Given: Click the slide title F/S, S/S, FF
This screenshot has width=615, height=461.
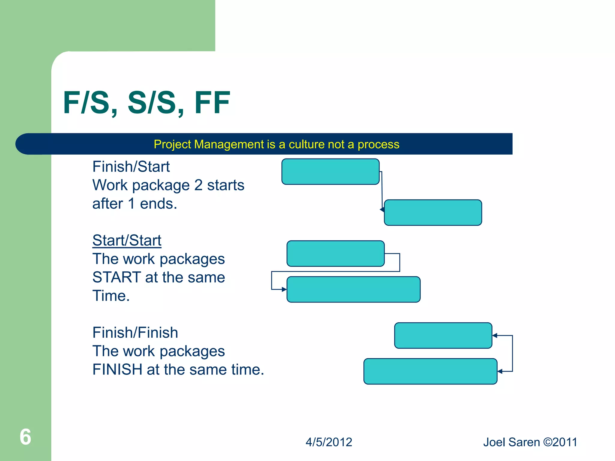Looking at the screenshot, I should click(x=147, y=103).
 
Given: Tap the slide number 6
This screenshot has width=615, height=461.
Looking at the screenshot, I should click(x=26, y=437).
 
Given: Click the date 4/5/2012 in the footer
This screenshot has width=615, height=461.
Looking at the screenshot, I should click(x=329, y=442).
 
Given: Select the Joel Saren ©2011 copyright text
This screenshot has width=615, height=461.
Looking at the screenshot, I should click(x=530, y=442).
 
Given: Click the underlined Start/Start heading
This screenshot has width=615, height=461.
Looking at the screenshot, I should click(x=127, y=240).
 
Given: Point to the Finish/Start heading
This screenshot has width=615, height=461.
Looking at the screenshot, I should click(x=131, y=167).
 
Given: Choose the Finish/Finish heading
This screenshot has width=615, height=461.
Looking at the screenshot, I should click(x=135, y=333).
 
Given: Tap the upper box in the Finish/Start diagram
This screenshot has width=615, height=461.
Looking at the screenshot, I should click(x=330, y=172).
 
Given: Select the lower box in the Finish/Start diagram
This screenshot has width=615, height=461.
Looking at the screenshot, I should click(x=433, y=212).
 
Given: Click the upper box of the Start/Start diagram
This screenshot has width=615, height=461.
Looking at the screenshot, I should click(x=335, y=254).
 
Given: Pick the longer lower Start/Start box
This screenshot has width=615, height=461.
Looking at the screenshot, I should click(x=353, y=289).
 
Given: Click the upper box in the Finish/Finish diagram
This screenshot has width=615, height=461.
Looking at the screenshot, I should click(x=443, y=336).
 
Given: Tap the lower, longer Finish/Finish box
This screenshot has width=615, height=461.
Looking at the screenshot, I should click(x=430, y=371).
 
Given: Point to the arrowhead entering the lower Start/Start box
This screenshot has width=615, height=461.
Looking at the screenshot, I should click(x=284, y=289).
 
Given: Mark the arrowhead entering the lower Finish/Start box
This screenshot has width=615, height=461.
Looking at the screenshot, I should click(x=382, y=209).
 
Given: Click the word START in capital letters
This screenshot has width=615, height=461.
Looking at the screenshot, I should click(x=117, y=277).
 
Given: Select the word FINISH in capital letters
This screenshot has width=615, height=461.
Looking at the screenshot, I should click(x=117, y=369).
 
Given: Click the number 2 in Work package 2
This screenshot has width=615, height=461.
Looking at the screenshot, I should click(x=198, y=185).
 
